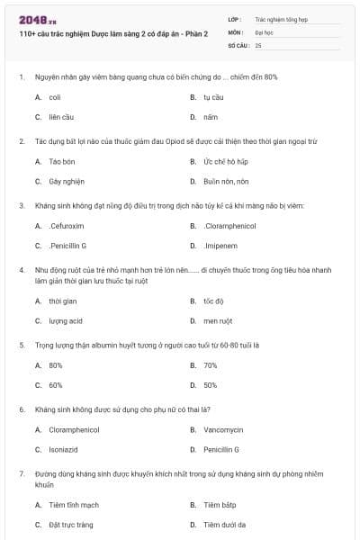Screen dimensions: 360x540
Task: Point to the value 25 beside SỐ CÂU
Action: click(x=258, y=44)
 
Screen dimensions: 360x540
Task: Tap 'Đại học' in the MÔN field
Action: click(x=263, y=31)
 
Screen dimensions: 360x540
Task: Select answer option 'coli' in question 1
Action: click(x=55, y=97)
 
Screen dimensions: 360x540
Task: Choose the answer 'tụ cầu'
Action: click(x=213, y=97)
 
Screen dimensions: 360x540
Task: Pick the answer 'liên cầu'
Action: click(x=61, y=117)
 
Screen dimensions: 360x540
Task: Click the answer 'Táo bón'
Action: click(x=61, y=161)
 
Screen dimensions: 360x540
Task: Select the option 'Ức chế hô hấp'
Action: click(x=225, y=161)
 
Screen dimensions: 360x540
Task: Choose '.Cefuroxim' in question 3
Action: click(x=67, y=226)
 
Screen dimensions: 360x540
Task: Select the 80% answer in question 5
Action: click(x=56, y=365)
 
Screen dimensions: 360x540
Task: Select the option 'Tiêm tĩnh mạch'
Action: click(x=74, y=505)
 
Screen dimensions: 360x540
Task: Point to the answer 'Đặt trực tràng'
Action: click(x=71, y=525)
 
